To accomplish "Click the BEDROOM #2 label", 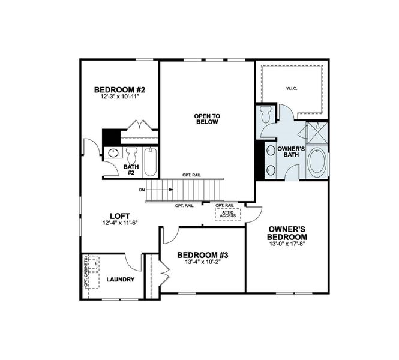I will [x=120, y=90].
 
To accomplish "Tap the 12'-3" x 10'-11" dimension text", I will [x=120, y=98].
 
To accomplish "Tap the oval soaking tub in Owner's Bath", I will [x=317, y=161].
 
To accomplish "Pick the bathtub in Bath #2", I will [x=150, y=161].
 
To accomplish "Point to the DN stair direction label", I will [x=142, y=190].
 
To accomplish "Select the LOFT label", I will [x=120, y=216].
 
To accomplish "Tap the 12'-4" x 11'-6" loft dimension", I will [x=120, y=223].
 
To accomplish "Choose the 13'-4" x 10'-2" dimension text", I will [x=203, y=262].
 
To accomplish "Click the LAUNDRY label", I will [x=120, y=280].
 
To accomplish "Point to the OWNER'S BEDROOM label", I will [x=287, y=232].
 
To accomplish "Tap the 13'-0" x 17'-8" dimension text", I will [x=287, y=243].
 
